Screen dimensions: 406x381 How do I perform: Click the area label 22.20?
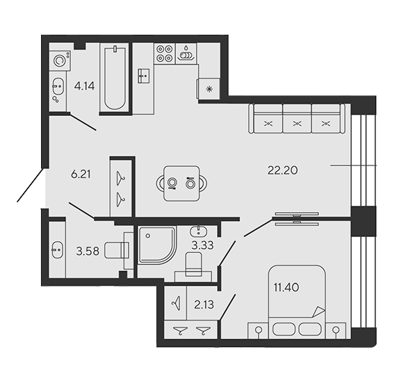(282, 170)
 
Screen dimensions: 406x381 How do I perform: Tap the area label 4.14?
(84, 86)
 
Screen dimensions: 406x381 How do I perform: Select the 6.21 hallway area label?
(81, 175)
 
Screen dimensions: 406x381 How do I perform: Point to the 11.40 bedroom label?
(286, 287)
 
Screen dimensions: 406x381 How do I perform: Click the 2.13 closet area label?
(204, 305)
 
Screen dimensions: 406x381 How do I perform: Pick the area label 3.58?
(88, 251)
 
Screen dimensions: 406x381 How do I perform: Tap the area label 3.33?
(202, 245)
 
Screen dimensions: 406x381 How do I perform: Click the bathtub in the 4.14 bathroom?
(115, 78)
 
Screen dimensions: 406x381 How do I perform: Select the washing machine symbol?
(60, 60)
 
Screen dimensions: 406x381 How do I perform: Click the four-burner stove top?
(165, 54)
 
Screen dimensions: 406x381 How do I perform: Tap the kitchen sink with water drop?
(186, 54)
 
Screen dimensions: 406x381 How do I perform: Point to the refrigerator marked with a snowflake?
(209, 89)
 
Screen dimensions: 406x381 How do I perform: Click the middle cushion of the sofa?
(297, 119)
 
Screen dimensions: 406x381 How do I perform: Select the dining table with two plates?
(181, 184)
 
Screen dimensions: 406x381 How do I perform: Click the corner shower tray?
(157, 245)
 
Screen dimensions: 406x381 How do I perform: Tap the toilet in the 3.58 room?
(117, 250)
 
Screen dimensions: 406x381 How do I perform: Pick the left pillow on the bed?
(284, 329)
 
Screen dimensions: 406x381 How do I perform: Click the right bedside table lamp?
(336, 330)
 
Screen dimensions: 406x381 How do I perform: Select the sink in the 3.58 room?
(57, 250)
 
